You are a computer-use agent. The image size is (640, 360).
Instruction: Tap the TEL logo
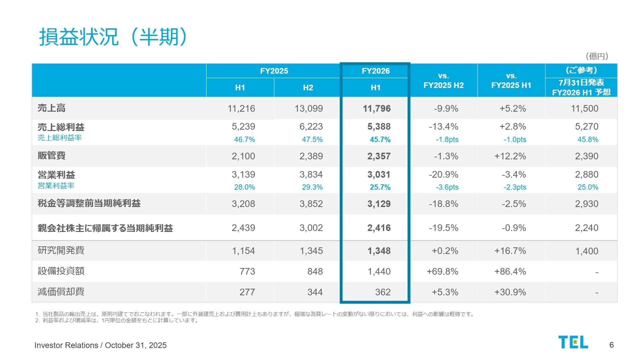click(573, 342)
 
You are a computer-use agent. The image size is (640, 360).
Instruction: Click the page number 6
click(611, 345)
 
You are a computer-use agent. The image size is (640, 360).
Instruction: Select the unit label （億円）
click(597, 56)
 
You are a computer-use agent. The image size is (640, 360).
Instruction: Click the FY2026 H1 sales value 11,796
click(377, 109)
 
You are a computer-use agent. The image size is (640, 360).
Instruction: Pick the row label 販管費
click(52, 156)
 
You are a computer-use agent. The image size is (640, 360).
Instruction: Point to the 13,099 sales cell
click(308, 109)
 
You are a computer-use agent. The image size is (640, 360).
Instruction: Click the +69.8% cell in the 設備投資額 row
click(442, 272)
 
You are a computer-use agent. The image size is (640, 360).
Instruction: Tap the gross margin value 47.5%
click(312, 140)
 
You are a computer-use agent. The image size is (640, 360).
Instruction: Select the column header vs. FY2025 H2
click(444, 81)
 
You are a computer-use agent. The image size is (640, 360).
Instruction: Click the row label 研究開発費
click(61, 250)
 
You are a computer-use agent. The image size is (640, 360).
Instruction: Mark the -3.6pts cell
click(447, 187)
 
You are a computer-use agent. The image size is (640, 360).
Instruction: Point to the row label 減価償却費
click(61, 292)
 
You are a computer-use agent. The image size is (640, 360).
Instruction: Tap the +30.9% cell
click(510, 292)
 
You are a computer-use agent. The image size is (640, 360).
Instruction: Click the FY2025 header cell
click(274, 71)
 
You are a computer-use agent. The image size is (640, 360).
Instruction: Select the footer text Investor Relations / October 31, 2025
click(100, 345)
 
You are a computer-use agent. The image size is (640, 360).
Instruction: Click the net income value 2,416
click(379, 228)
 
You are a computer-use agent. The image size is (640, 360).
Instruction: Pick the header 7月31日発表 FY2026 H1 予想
click(581, 87)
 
